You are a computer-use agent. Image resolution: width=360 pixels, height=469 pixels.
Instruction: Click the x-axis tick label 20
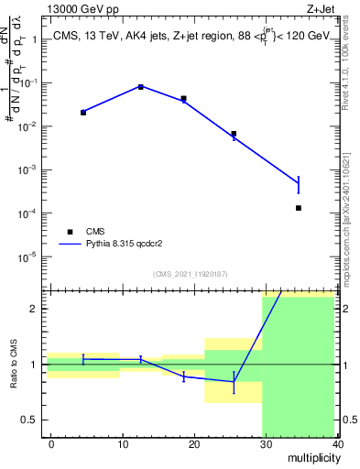tap(194, 443)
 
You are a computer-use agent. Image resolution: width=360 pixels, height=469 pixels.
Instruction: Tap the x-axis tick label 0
tap(51, 443)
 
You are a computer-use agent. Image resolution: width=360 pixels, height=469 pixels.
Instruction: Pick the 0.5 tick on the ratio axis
tap(29, 420)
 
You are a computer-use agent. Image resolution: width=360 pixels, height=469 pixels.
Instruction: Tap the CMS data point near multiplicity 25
tap(234, 134)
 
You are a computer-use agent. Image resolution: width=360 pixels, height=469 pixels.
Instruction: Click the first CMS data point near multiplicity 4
tap(83, 112)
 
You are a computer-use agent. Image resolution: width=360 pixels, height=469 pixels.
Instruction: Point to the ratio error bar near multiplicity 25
tap(234, 382)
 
